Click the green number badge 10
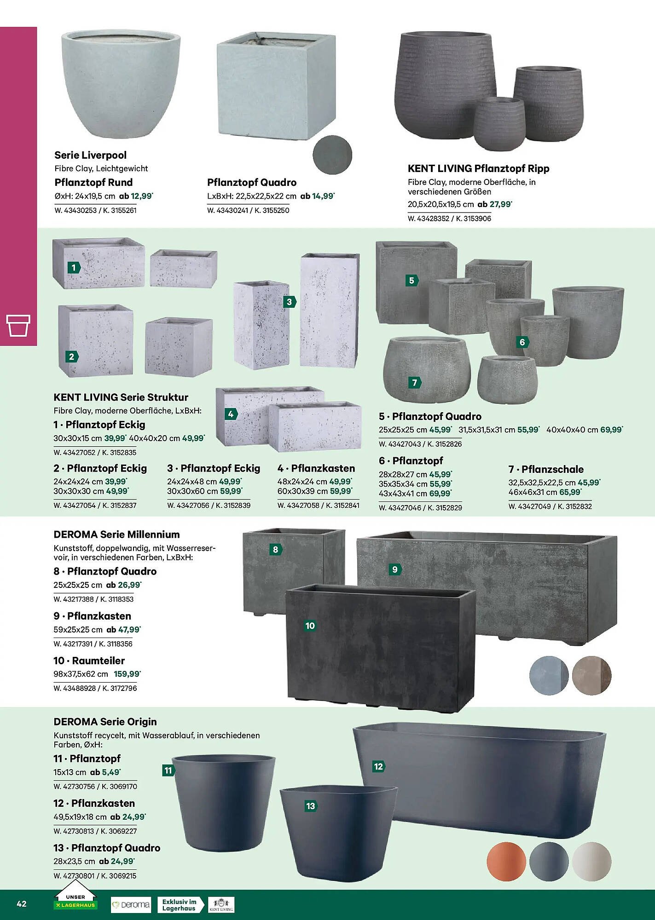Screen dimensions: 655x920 tap(310, 626)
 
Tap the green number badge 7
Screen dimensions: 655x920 tap(415, 382)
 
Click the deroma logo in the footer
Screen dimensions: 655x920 tap(131, 904)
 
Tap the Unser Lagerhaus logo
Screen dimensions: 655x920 tap(75, 903)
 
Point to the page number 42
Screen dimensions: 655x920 tap(22, 903)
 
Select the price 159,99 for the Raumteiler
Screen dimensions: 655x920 tap(127, 674)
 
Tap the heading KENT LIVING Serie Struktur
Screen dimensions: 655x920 tap(121, 397)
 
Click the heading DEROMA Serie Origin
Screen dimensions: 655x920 tap(105, 722)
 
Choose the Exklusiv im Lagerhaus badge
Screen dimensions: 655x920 tap(179, 904)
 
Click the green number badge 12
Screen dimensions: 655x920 tap(378, 766)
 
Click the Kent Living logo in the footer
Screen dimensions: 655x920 tap(221, 904)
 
